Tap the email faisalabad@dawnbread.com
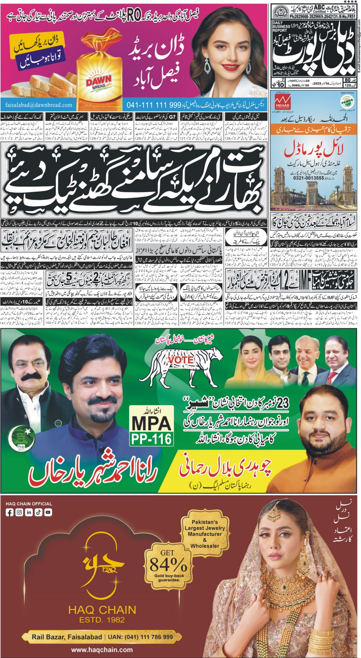pos(39,105)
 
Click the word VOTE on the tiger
pos(181,359)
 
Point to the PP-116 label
pos(151,439)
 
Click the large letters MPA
pos(151,423)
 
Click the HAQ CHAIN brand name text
pos(102,610)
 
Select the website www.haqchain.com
pos(102,650)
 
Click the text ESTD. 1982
pos(102,620)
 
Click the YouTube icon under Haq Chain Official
pos(48,512)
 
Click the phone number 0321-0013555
pos(308,178)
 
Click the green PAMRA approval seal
pos(347,101)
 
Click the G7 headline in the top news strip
pos(172,116)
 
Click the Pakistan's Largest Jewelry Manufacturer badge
pos(205,533)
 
